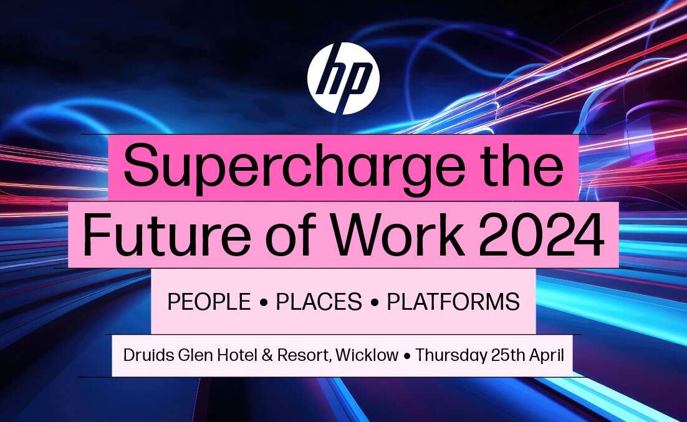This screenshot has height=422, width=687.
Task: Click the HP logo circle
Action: pyautogui.click(x=343, y=79)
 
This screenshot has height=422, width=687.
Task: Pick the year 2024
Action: pyautogui.click(x=542, y=235)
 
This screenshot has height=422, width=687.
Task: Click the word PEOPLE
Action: pyautogui.click(x=209, y=302)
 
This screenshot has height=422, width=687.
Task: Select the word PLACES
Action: pyautogui.click(x=319, y=302)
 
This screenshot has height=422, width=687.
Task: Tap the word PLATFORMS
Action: pyautogui.click(x=453, y=302)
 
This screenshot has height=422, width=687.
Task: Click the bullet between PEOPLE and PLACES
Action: pyautogui.click(x=263, y=302)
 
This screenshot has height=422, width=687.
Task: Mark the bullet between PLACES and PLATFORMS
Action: pyautogui.click(x=374, y=302)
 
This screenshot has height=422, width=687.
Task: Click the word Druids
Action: pyautogui.click(x=149, y=355)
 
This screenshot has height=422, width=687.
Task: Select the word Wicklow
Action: pyautogui.click(x=367, y=355)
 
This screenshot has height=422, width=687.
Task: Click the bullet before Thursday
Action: pyautogui.click(x=407, y=356)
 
